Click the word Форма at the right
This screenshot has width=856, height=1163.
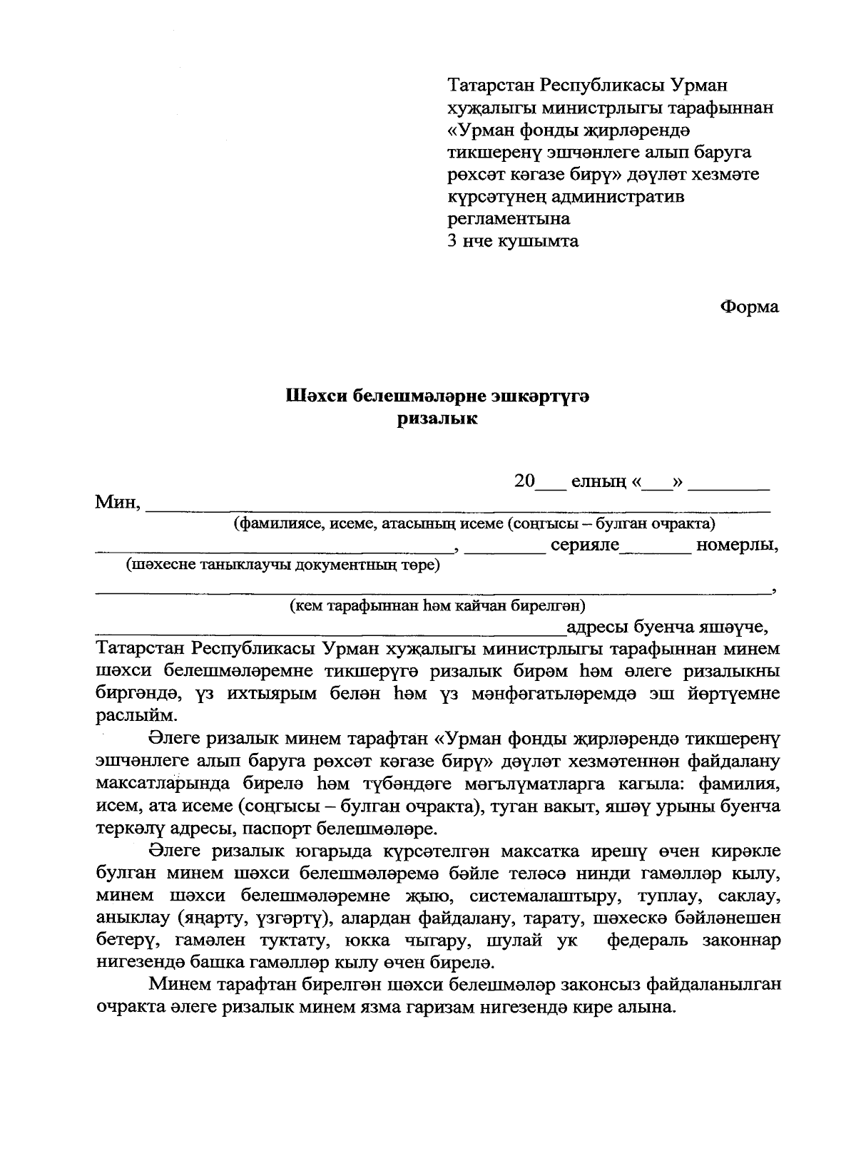tap(750, 307)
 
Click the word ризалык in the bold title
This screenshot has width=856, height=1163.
tap(437, 419)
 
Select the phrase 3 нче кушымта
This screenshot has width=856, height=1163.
tap(512, 241)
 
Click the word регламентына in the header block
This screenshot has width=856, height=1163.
tap(508, 219)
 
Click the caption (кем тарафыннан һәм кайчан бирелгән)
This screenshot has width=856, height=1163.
tap(437, 606)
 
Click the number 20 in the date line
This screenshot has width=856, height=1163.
tap(524, 481)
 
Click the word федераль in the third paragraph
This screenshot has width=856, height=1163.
tap(649, 940)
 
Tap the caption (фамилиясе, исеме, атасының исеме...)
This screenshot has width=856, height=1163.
tap(474, 524)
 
